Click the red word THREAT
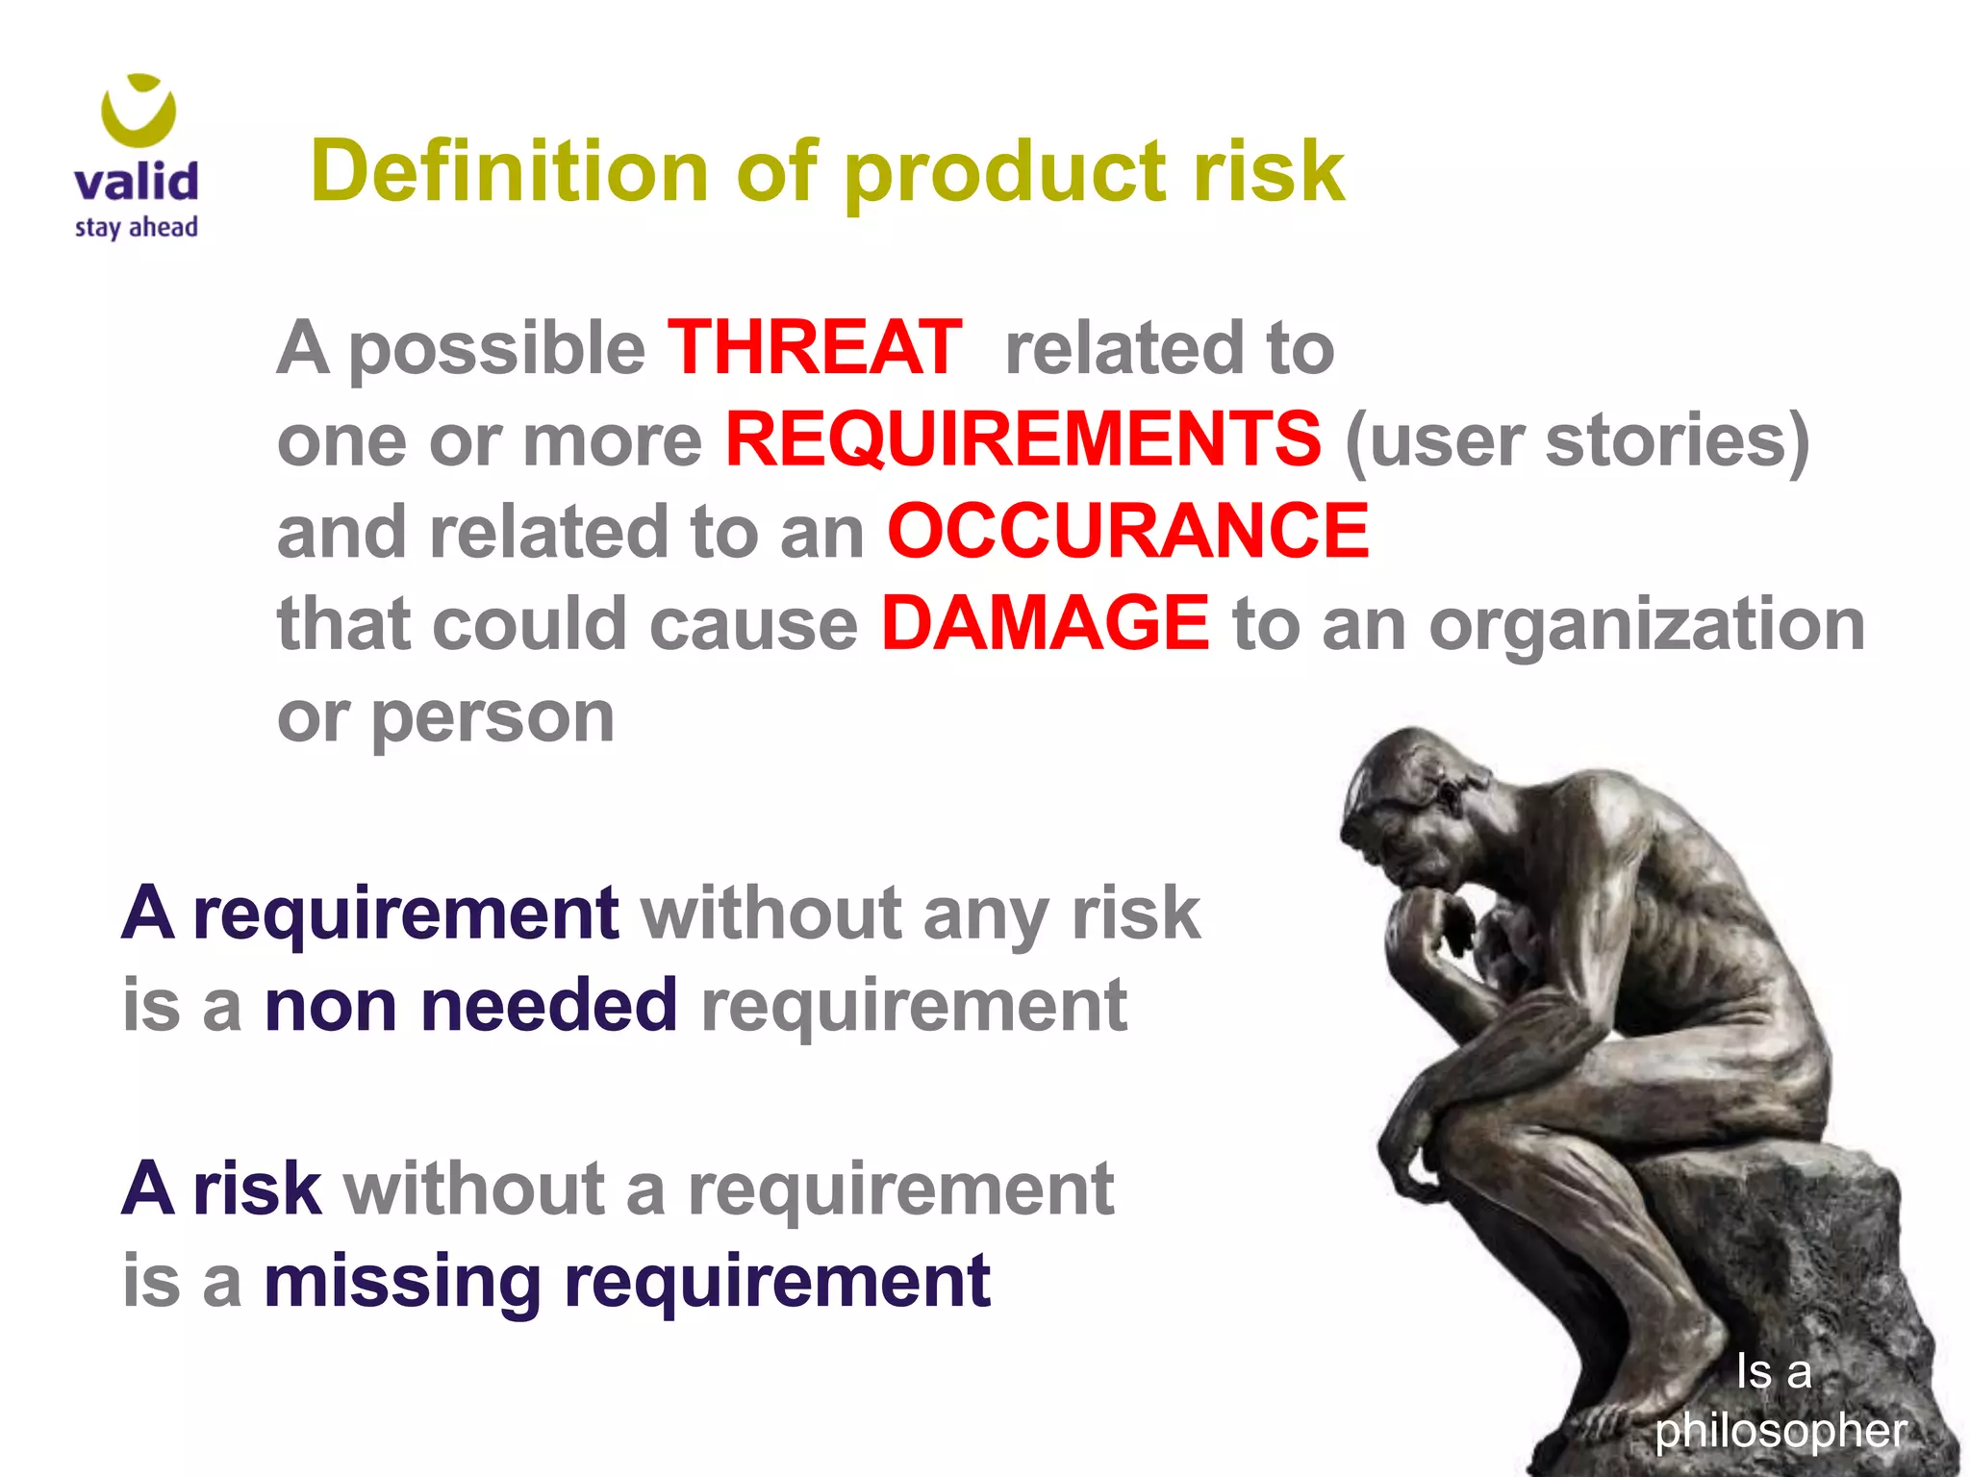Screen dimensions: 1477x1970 pos(814,347)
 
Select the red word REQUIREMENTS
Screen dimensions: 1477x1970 pos(1023,439)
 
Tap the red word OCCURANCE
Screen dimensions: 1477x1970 pos(1127,532)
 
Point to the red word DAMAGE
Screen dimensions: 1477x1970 pos(1045,624)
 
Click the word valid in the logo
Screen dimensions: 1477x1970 pos(137,182)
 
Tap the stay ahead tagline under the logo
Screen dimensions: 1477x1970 pos(137,228)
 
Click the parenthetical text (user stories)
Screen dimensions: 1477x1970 pos(1578,440)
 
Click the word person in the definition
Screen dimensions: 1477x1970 pos(492,717)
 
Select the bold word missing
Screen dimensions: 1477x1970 pos(402,1282)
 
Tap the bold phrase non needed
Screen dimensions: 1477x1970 pos(470,1006)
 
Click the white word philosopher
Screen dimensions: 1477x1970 pos(1781,1430)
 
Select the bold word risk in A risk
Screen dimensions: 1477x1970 pos(256,1189)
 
